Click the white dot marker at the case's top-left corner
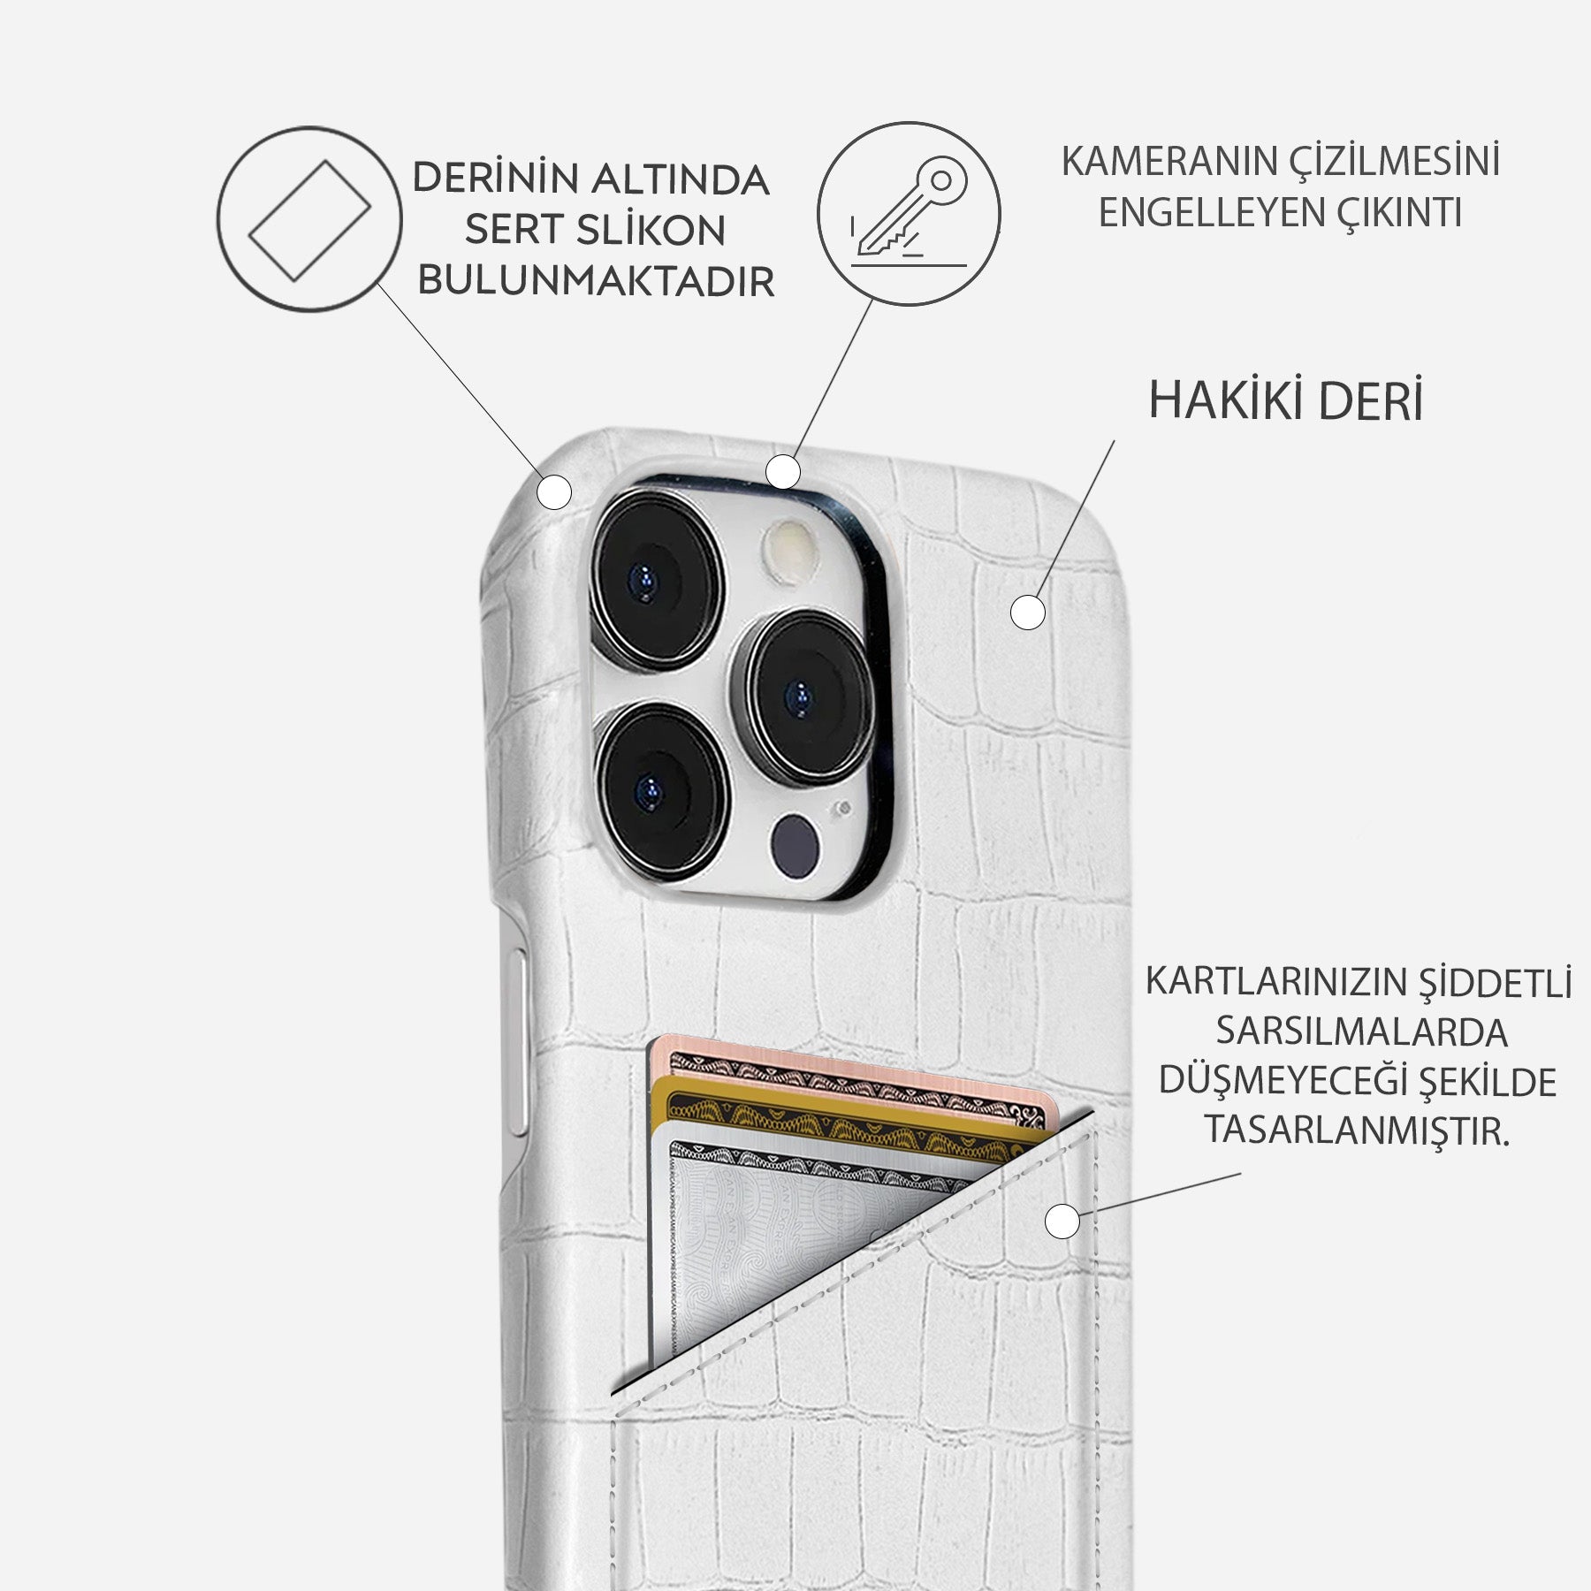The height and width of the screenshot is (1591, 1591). [554, 492]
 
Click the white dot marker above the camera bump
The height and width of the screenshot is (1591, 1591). [782, 472]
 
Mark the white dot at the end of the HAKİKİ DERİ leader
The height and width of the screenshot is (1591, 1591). [1027, 612]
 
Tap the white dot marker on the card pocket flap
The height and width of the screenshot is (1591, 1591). [1062, 1222]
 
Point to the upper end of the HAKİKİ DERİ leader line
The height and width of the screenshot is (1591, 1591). [1114, 441]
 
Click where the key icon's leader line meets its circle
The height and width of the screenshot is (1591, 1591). [872, 301]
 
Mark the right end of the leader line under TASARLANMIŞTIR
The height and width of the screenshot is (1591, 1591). [1241, 1175]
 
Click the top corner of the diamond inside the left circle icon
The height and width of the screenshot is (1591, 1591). [327, 161]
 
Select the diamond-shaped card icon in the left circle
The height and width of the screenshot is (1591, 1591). [309, 220]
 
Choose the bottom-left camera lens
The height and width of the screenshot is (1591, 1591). [662, 788]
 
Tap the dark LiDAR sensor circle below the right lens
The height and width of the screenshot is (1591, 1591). [795, 846]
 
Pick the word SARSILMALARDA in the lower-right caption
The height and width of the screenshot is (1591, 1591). [1361, 1032]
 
